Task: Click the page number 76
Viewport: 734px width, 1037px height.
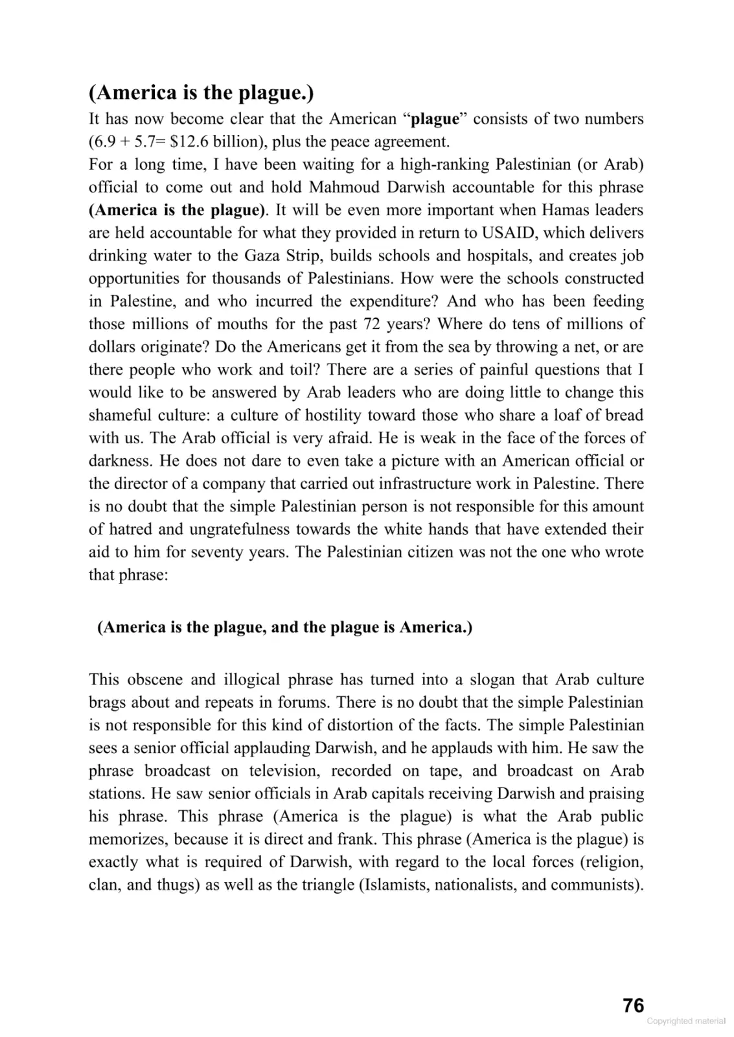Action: coord(633,1005)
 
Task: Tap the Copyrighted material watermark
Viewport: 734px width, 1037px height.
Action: coord(686,1021)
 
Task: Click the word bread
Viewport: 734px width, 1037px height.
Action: coord(623,415)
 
